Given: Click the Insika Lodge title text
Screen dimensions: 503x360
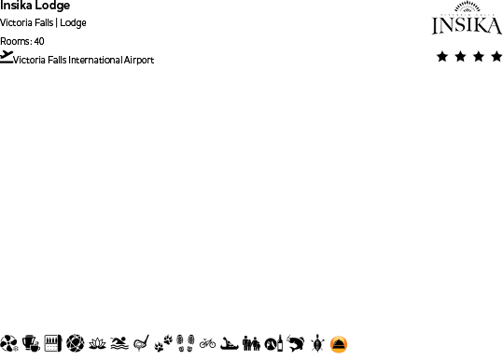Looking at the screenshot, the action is coord(35,6).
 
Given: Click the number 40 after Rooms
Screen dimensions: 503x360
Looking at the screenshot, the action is coord(38,41).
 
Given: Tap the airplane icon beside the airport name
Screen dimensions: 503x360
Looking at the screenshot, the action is coord(7,56).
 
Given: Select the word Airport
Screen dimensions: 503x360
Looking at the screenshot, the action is coord(135,61).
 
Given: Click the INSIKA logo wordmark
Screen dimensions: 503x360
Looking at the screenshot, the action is coord(459,25).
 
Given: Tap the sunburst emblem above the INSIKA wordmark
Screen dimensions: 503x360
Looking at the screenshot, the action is coord(459,10).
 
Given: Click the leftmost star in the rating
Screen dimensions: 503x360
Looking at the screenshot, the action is coord(441,57).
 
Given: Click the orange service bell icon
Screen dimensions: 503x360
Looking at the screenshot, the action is coord(339,343).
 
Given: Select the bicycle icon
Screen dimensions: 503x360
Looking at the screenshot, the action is coord(207,343).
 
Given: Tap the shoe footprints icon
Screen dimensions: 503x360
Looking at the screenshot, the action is coord(186,343).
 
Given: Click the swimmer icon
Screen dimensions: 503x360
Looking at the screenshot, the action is coord(119,343).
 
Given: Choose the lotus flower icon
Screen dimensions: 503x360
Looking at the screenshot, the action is coord(97,343).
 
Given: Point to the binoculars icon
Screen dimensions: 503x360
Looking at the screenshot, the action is coord(251,343).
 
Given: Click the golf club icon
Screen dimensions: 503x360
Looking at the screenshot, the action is coord(141,343).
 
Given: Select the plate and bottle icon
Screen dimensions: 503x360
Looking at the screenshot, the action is coord(272,343).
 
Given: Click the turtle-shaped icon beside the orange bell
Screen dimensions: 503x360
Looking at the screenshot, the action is coord(317,343).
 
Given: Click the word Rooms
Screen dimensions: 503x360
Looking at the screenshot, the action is coord(14,41).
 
